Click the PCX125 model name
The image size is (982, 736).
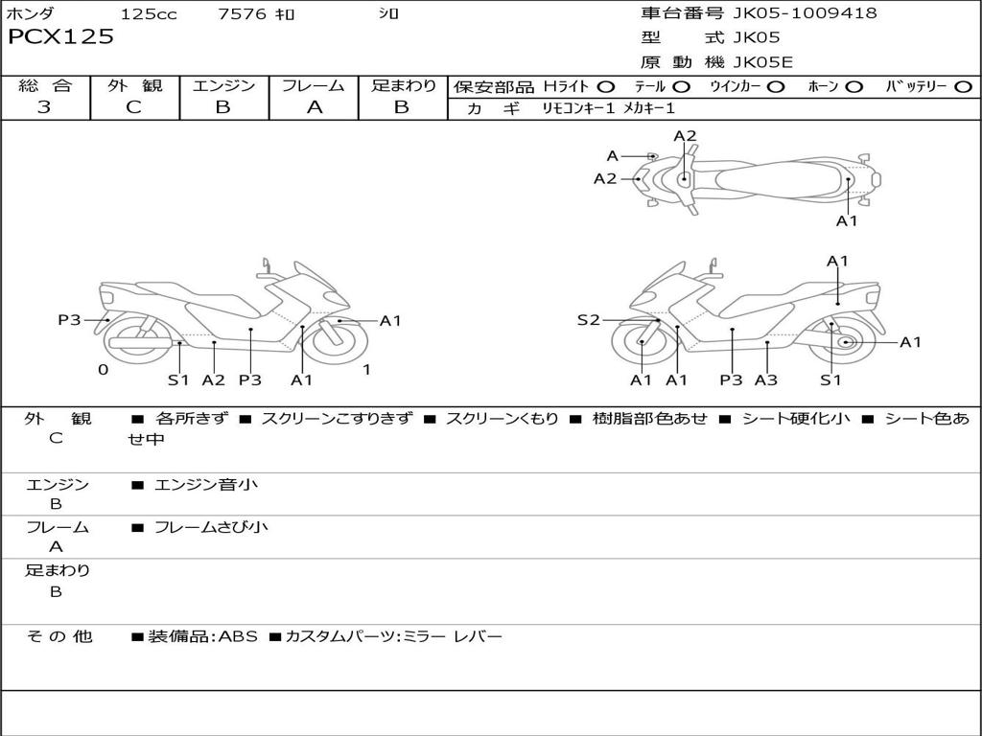pyautogui.click(x=60, y=37)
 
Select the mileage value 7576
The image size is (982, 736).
pyautogui.click(x=243, y=14)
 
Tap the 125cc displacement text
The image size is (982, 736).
pyautogui.click(x=149, y=14)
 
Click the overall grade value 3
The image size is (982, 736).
pyautogui.click(x=44, y=107)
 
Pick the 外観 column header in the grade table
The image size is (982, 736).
pyautogui.click(x=134, y=85)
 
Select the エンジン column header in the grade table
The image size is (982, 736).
pyautogui.click(x=223, y=85)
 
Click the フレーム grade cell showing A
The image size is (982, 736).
pyautogui.click(x=314, y=107)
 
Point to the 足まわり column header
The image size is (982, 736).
pyautogui.click(x=404, y=85)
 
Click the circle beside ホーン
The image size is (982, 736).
pyautogui.click(x=853, y=86)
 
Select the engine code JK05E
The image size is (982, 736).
pyautogui.click(x=762, y=63)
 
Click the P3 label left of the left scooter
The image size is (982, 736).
pyautogui.click(x=69, y=320)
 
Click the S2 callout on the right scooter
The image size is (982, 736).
pyautogui.click(x=588, y=320)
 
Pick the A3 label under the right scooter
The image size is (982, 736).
pyautogui.click(x=765, y=380)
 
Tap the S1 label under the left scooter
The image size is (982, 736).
pyautogui.click(x=178, y=380)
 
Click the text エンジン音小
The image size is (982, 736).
pyautogui.click(x=206, y=484)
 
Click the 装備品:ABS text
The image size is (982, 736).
pyautogui.click(x=202, y=636)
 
